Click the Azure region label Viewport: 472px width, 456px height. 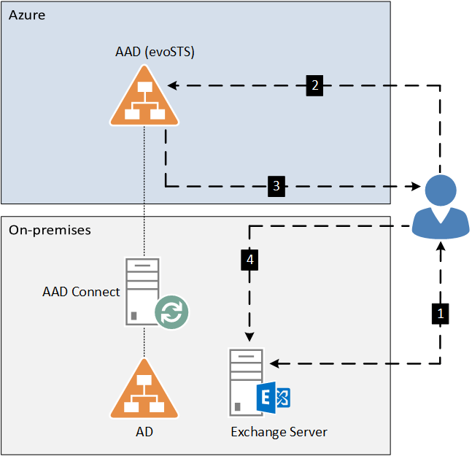(x=27, y=15)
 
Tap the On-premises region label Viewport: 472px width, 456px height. (x=50, y=231)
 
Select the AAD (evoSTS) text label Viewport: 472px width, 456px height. (x=155, y=52)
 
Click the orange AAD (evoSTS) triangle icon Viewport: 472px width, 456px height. (x=144, y=96)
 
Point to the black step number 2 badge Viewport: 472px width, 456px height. (x=314, y=85)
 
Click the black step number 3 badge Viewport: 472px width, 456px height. (x=276, y=186)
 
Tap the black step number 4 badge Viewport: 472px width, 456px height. (x=249, y=260)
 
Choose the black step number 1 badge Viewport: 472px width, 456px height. (x=441, y=314)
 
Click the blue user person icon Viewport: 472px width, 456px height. (x=441, y=208)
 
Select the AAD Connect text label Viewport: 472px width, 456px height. (x=81, y=292)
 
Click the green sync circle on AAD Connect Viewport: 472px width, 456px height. (x=171, y=312)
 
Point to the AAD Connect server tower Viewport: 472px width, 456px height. (x=142, y=291)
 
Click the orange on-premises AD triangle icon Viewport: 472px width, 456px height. (x=144, y=389)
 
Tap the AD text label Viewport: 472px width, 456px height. (x=144, y=432)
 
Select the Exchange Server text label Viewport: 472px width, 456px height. (x=279, y=432)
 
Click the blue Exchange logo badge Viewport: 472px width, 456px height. (x=274, y=398)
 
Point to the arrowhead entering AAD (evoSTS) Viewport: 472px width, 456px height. (x=173, y=85)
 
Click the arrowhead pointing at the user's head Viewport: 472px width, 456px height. (x=415, y=186)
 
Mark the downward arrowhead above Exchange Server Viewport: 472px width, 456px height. (x=249, y=336)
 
